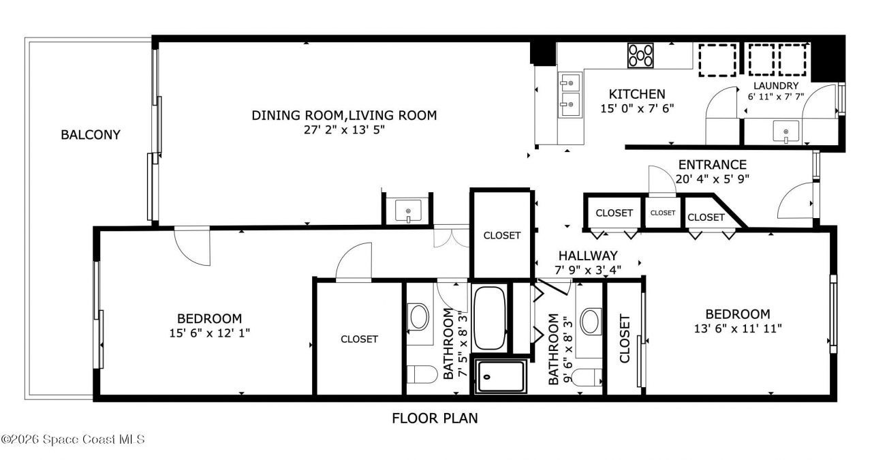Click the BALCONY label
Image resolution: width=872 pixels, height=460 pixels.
(x=91, y=135)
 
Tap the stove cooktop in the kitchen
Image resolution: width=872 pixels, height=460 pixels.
(x=640, y=55)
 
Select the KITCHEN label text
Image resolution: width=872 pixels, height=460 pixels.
(x=637, y=94)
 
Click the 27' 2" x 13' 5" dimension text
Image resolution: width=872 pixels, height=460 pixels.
(x=344, y=129)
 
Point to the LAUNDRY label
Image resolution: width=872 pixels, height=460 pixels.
(x=776, y=86)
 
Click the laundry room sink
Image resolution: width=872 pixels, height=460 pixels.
(x=785, y=132)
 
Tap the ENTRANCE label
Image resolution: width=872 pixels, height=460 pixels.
(x=713, y=165)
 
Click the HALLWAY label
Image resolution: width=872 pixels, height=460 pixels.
(x=588, y=256)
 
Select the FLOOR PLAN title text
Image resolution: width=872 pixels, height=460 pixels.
(x=435, y=418)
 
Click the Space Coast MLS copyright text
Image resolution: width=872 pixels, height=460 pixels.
(x=73, y=440)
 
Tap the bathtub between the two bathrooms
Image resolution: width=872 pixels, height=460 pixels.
(x=489, y=318)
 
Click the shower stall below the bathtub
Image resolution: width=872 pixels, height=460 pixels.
(x=501, y=376)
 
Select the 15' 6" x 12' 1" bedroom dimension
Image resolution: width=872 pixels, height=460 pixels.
(x=209, y=333)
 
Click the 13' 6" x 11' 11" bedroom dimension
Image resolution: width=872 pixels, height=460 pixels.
(x=738, y=328)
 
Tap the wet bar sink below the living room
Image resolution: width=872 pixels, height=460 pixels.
(x=408, y=211)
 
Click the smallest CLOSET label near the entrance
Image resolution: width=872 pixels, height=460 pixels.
(x=663, y=213)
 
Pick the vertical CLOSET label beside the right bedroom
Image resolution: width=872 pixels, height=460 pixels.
(x=625, y=339)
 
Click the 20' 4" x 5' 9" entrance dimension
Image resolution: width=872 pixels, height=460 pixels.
(x=713, y=179)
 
